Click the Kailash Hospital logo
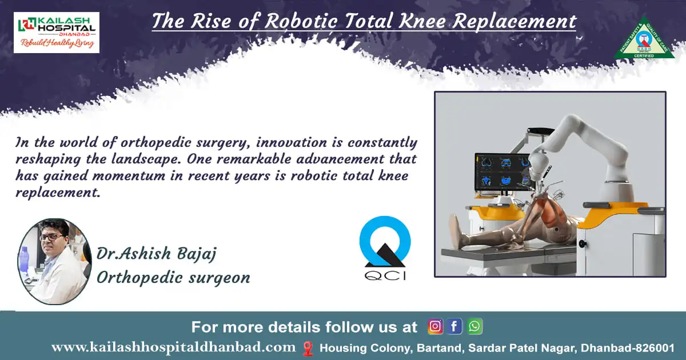click(56, 33)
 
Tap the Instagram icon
click(436, 326)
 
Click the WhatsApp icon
click(474, 326)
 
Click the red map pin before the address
click(308, 347)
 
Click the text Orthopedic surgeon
click(173, 278)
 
